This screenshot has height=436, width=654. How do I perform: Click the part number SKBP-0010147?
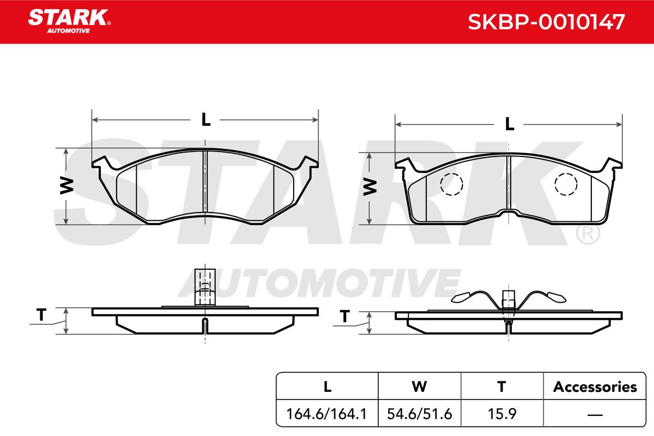point(546,22)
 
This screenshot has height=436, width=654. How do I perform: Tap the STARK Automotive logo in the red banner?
point(69,21)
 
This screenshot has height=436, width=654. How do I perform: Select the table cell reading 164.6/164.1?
point(326,414)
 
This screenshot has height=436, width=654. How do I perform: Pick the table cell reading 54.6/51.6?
point(419,414)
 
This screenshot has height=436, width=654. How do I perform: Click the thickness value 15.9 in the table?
point(502,414)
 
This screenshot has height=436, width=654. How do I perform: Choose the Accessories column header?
point(595,387)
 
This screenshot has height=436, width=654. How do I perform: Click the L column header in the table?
point(328,387)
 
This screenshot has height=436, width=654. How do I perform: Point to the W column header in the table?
point(419,387)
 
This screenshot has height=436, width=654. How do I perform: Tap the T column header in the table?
point(501,387)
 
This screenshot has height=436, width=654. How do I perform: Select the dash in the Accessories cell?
point(595,415)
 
